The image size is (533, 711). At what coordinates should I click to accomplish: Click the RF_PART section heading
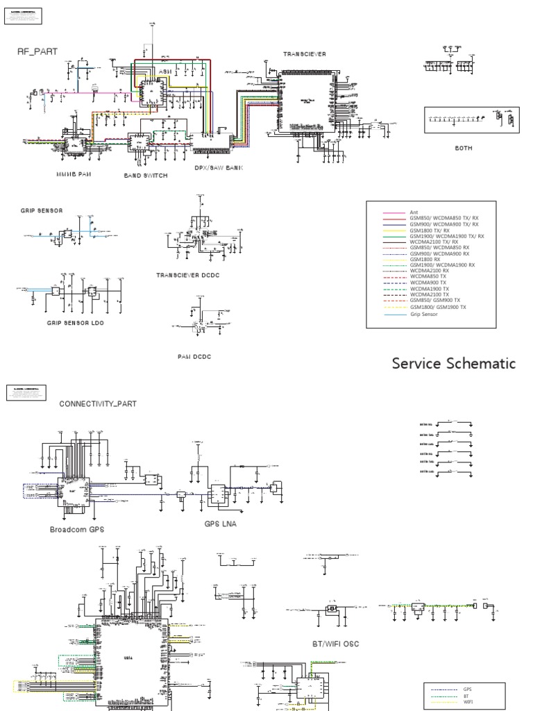tap(33, 51)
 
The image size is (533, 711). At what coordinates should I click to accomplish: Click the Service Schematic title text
tap(453, 363)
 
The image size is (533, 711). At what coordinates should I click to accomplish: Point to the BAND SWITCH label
tap(145, 176)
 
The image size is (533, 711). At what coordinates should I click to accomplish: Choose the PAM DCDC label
tap(194, 356)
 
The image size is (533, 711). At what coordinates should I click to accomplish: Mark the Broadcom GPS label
tap(77, 529)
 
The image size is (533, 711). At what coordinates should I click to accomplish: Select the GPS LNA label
tap(220, 524)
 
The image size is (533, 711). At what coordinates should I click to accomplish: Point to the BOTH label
tap(464, 148)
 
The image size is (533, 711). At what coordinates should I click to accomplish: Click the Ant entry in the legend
tap(414, 212)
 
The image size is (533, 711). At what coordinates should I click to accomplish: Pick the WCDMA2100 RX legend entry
tap(425, 268)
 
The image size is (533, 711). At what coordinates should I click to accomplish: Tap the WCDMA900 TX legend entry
tap(425, 282)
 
